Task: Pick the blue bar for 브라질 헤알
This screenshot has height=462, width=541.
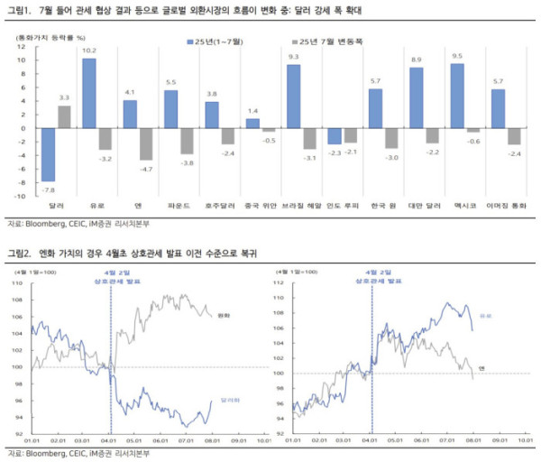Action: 293,97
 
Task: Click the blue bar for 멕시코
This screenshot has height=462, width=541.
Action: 457,96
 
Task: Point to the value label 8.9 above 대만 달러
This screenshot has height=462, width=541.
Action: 416,60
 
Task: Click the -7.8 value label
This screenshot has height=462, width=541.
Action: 49,190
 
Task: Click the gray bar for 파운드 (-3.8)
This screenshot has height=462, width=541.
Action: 185,141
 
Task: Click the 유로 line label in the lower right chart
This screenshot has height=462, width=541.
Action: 484,316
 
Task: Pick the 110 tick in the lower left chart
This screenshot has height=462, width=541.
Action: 16,283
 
